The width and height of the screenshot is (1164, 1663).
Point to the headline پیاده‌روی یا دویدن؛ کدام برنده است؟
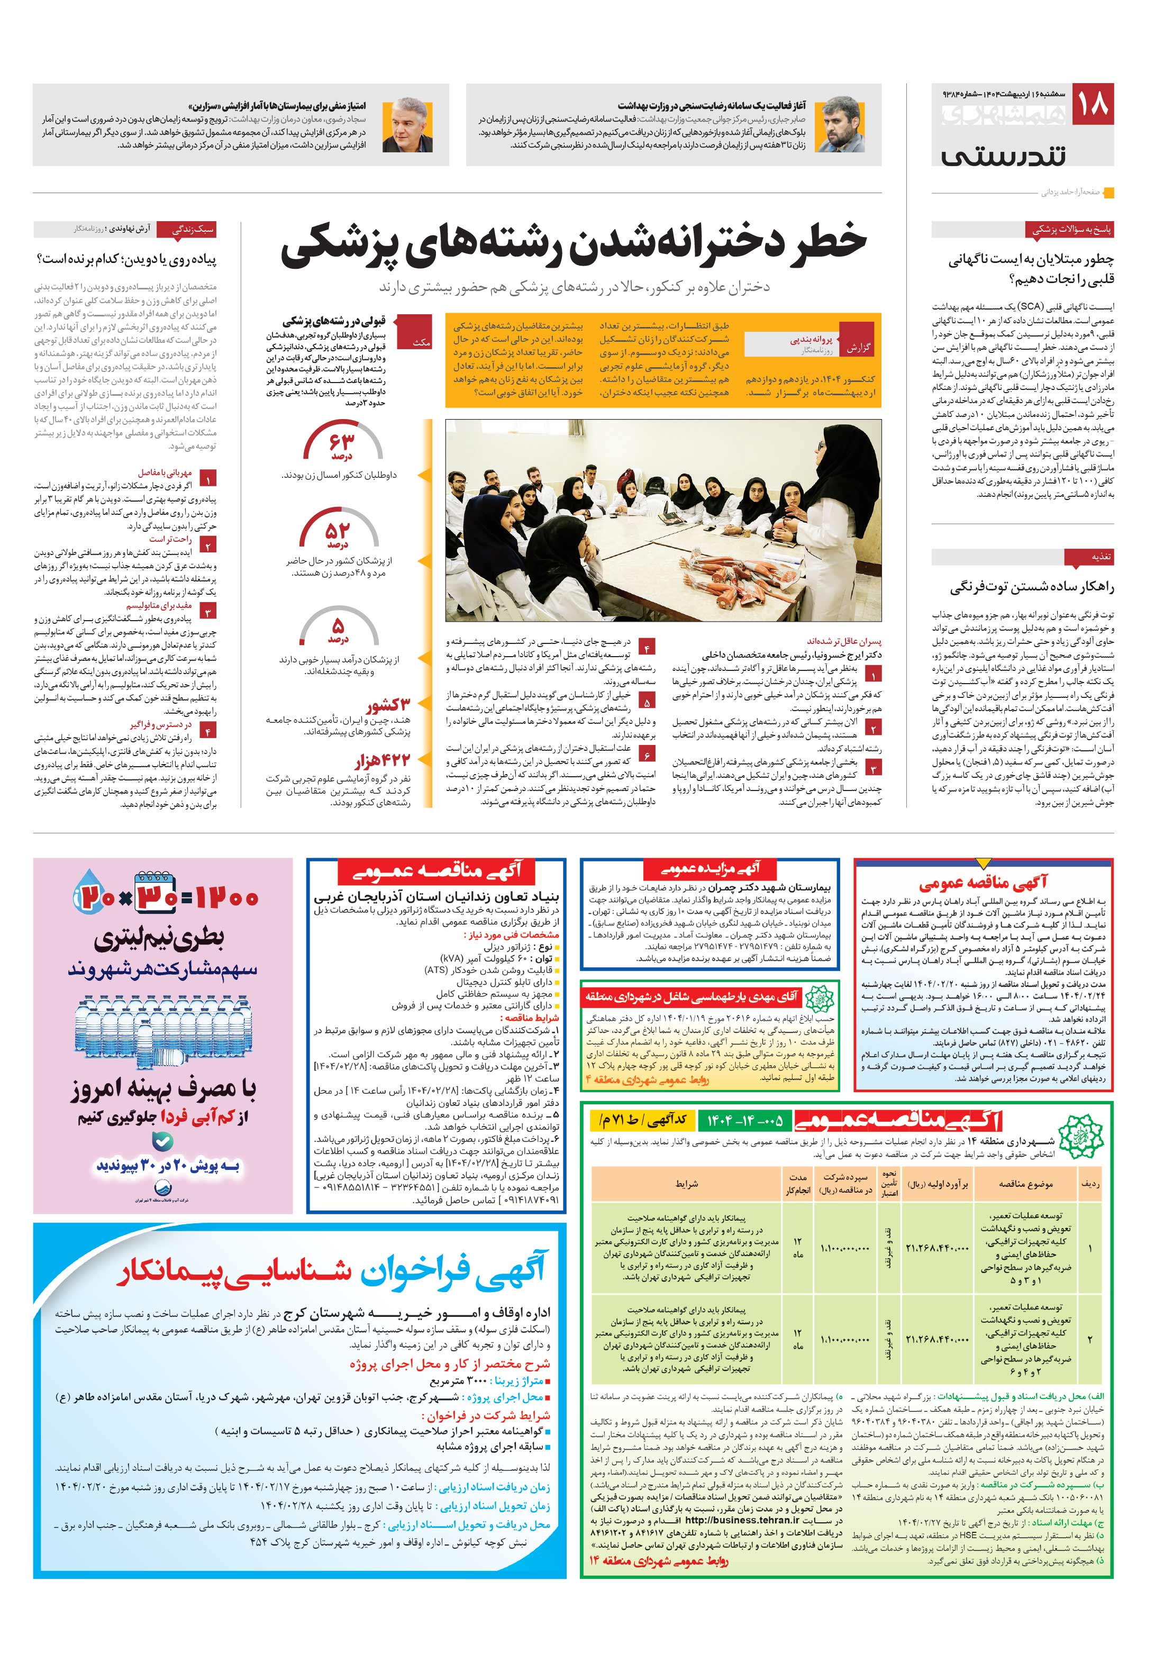126,259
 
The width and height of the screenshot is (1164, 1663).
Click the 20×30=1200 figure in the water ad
165,897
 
